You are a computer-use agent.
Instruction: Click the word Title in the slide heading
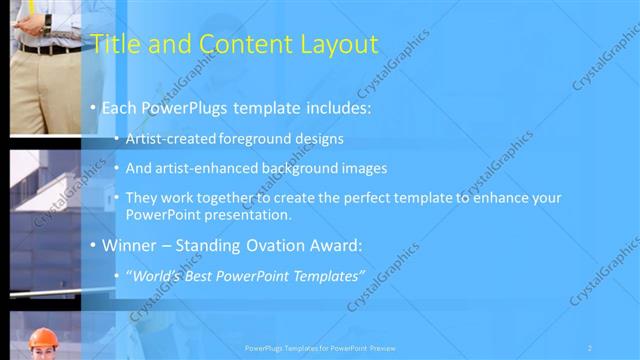[112, 44]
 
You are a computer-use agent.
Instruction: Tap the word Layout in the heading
[337, 44]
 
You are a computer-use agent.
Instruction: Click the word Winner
[128, 245]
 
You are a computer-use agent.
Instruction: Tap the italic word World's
[151, 275]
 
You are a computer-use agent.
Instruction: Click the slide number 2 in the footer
[590, 347]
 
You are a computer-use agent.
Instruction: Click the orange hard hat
[42, 338]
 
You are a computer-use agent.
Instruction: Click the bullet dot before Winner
[93, 245]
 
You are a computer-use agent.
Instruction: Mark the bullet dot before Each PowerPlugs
[93, 107]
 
